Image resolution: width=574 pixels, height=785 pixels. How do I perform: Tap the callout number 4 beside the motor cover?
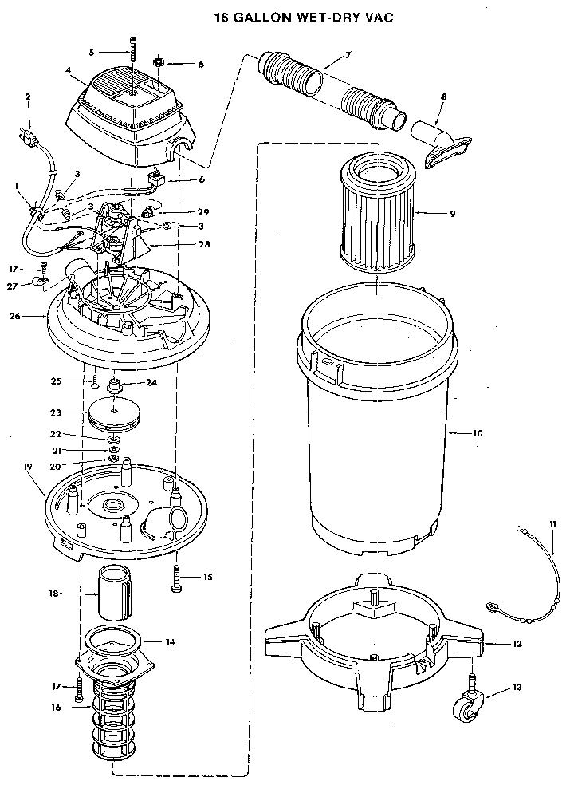(69, 70)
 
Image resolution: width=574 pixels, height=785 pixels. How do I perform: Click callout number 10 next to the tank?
(478, 433)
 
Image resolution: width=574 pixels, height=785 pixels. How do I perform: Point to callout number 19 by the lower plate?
(27, 465)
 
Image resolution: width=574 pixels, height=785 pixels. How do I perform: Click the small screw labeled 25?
(93, 381)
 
